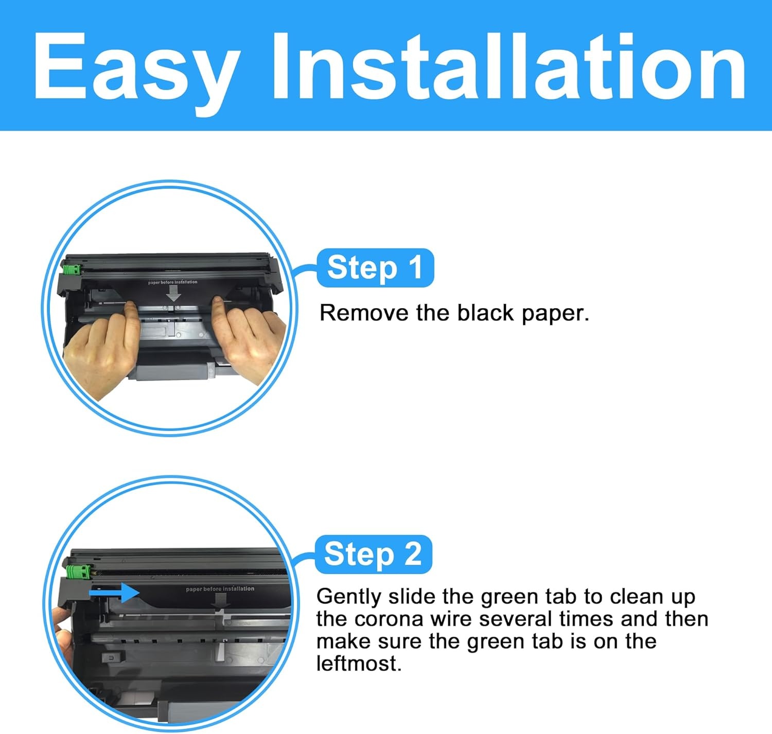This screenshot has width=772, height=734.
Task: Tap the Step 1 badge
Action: coord(375,267)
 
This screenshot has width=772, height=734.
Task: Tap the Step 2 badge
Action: coord(374,554)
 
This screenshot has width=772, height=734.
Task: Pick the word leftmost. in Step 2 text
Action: coord(359,664)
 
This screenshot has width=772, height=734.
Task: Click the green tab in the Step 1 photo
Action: coord(72,270)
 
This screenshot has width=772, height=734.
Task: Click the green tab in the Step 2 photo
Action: coord(79,572)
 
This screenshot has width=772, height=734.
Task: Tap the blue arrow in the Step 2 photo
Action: coord(114,593)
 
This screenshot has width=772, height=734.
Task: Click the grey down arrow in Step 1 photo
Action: coord(173,293)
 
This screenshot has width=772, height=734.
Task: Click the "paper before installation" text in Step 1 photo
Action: coord(173,282)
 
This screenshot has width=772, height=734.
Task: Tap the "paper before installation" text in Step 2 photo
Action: coord(220,589)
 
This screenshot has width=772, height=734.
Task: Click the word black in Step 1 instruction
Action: coord(485,313)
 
